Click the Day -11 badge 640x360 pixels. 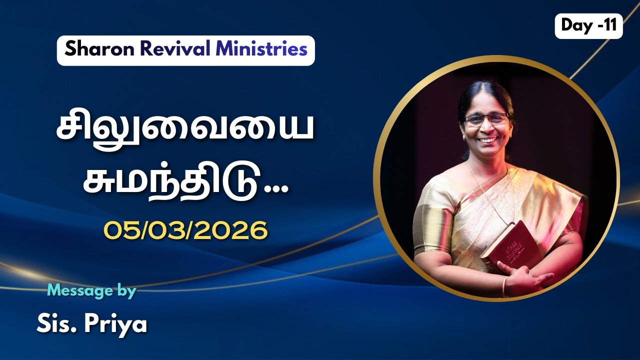588,26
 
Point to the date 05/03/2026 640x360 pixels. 185,230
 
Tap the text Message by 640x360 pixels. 91,291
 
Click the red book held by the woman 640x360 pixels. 510,245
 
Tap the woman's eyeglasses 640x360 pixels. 485,119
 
